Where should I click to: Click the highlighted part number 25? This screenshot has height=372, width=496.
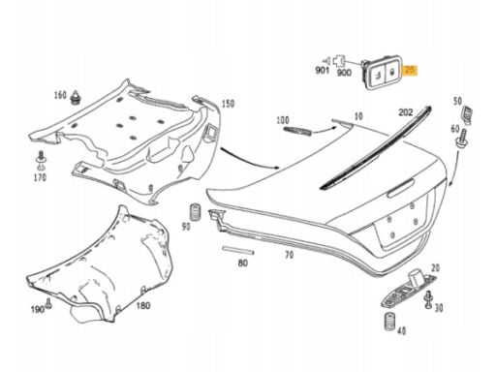(410, 70)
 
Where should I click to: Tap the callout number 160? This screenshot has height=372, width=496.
(60, 95)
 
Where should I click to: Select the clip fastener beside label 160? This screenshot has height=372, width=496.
(77, 97)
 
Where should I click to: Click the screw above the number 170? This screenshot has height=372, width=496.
(41, 160)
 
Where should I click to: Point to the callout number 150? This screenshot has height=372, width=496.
(228, 104)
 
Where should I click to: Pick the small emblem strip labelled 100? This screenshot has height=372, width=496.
(297, 131)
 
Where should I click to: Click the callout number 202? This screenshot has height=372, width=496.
(406, 112)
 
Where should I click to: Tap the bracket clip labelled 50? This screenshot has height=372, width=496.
(467, 113)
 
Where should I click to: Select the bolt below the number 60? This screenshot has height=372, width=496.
(462, 139)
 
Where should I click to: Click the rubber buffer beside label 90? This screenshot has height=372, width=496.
(195, 212)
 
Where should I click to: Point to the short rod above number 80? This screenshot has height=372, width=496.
(238, 250)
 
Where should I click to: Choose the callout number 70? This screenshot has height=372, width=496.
(289, 255)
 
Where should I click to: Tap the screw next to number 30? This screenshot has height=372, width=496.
(429, 300)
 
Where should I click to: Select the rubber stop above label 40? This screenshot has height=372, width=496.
(390, 322)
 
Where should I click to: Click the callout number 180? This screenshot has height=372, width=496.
(143, 305)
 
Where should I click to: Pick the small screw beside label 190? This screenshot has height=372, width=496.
(48, 303)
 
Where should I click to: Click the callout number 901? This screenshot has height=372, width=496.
(322, 70)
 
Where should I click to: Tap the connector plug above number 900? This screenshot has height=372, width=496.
(340, 60)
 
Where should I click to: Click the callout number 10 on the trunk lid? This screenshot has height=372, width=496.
(358, 116)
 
